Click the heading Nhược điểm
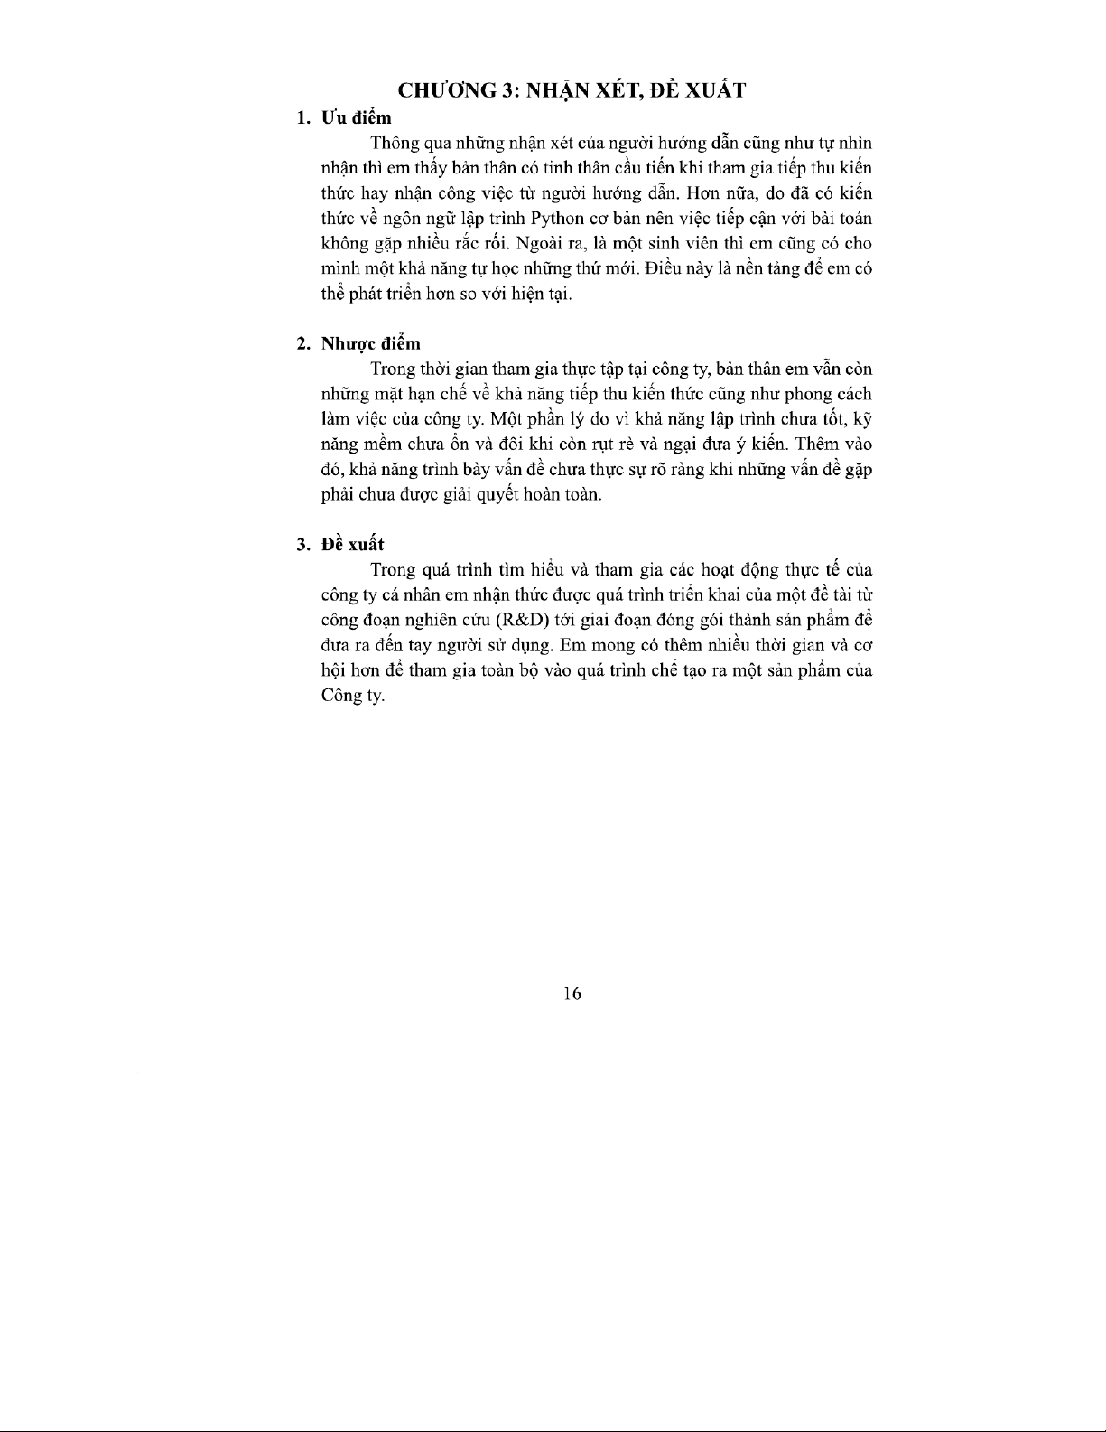coord(371,343)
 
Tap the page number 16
coord(572,994)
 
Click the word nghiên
coord(423,621)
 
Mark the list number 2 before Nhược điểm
coord(302,343)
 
